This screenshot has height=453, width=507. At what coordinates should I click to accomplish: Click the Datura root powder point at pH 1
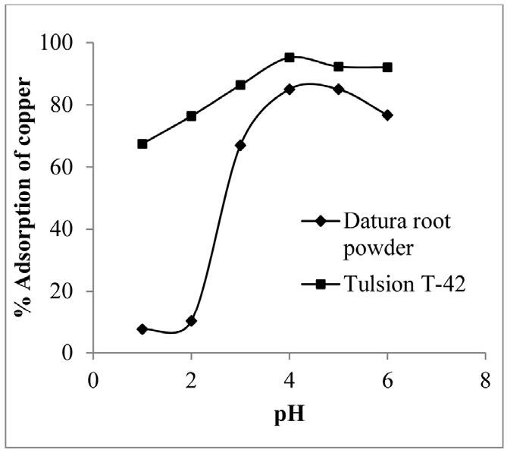pos(142,329)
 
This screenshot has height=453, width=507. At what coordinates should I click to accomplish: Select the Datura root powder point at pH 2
pos(192,321)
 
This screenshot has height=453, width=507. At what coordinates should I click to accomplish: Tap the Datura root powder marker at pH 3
pos(240,145)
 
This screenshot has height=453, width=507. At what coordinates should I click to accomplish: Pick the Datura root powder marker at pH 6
pos(387,115)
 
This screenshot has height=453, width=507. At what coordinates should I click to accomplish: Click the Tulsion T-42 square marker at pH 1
pos(142,143)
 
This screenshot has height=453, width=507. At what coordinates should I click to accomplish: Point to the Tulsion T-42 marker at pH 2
pos(192,116)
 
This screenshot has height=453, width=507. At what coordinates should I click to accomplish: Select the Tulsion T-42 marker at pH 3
pos(240,85)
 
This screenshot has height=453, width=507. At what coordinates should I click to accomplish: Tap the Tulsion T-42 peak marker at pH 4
pos(289,57)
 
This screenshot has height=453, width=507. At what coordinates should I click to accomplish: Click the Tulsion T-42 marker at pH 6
pos(387,67)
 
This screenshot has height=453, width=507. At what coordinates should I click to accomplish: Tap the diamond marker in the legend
pos(321,222)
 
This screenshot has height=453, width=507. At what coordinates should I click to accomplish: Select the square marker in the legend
pos(321,284)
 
